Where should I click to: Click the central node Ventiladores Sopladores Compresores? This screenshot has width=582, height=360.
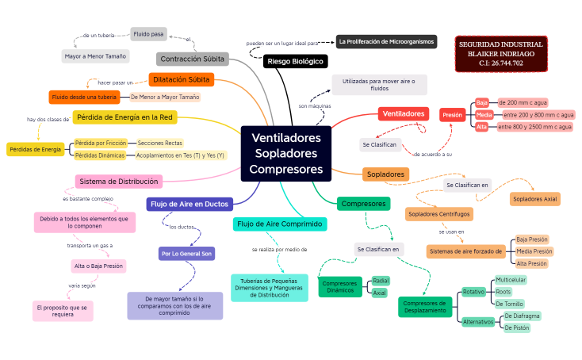(x=285, y=153)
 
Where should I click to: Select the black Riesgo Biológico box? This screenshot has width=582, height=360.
(x=295, y=61)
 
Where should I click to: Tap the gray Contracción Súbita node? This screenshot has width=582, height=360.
(x=193, y=59)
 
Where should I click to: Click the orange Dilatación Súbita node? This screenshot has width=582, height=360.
(x=182, y=79)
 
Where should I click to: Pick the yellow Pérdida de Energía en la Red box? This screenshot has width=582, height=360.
(x=124, y=118)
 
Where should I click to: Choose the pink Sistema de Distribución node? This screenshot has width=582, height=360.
(x=118, y=181)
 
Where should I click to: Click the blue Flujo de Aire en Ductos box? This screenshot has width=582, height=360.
(x=190, y=205)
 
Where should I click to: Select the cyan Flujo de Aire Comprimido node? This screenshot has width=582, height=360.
(x=280, y=224)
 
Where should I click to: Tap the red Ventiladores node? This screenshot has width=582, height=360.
(x=404, y=114)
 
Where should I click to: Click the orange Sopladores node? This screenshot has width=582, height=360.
(x=385, y=174)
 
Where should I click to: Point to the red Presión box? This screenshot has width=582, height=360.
(x=452, y=115)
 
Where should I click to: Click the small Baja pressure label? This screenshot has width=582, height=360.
(x=482, y=103)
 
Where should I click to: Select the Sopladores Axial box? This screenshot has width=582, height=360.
(x=534, y=198)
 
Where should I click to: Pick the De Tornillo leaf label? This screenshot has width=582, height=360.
(x=508, y=304)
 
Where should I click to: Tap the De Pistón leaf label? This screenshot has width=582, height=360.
(x=516, y=327)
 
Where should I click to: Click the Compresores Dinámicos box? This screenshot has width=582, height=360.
(x=340, y=287)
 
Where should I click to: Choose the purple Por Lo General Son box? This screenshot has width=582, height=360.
(x=186, y=254)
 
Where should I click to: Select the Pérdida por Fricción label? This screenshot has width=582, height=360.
(x=100, y=143)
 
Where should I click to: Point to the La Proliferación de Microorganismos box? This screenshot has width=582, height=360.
(x=385, y=41)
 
